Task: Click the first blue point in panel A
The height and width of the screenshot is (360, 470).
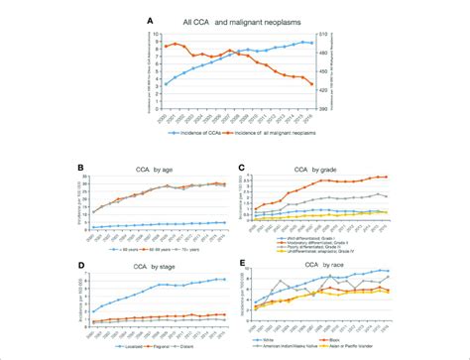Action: [x=166, y=84]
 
